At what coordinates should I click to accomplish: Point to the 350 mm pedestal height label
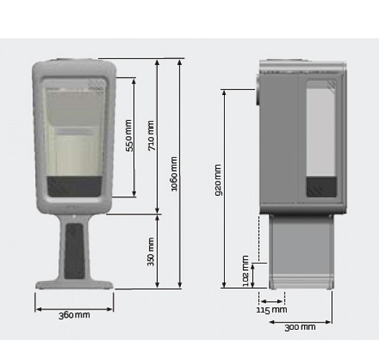[x=151, y=251]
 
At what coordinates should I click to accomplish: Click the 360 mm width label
[x=74, y=315]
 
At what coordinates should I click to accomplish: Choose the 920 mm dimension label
[x=217, y=181]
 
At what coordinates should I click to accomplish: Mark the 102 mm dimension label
[x=245, y=272]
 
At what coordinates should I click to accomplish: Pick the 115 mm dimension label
[x=272, y=310]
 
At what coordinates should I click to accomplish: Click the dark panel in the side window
[x=316, y=187]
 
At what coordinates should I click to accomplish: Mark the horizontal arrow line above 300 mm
[x=300, y=320]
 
